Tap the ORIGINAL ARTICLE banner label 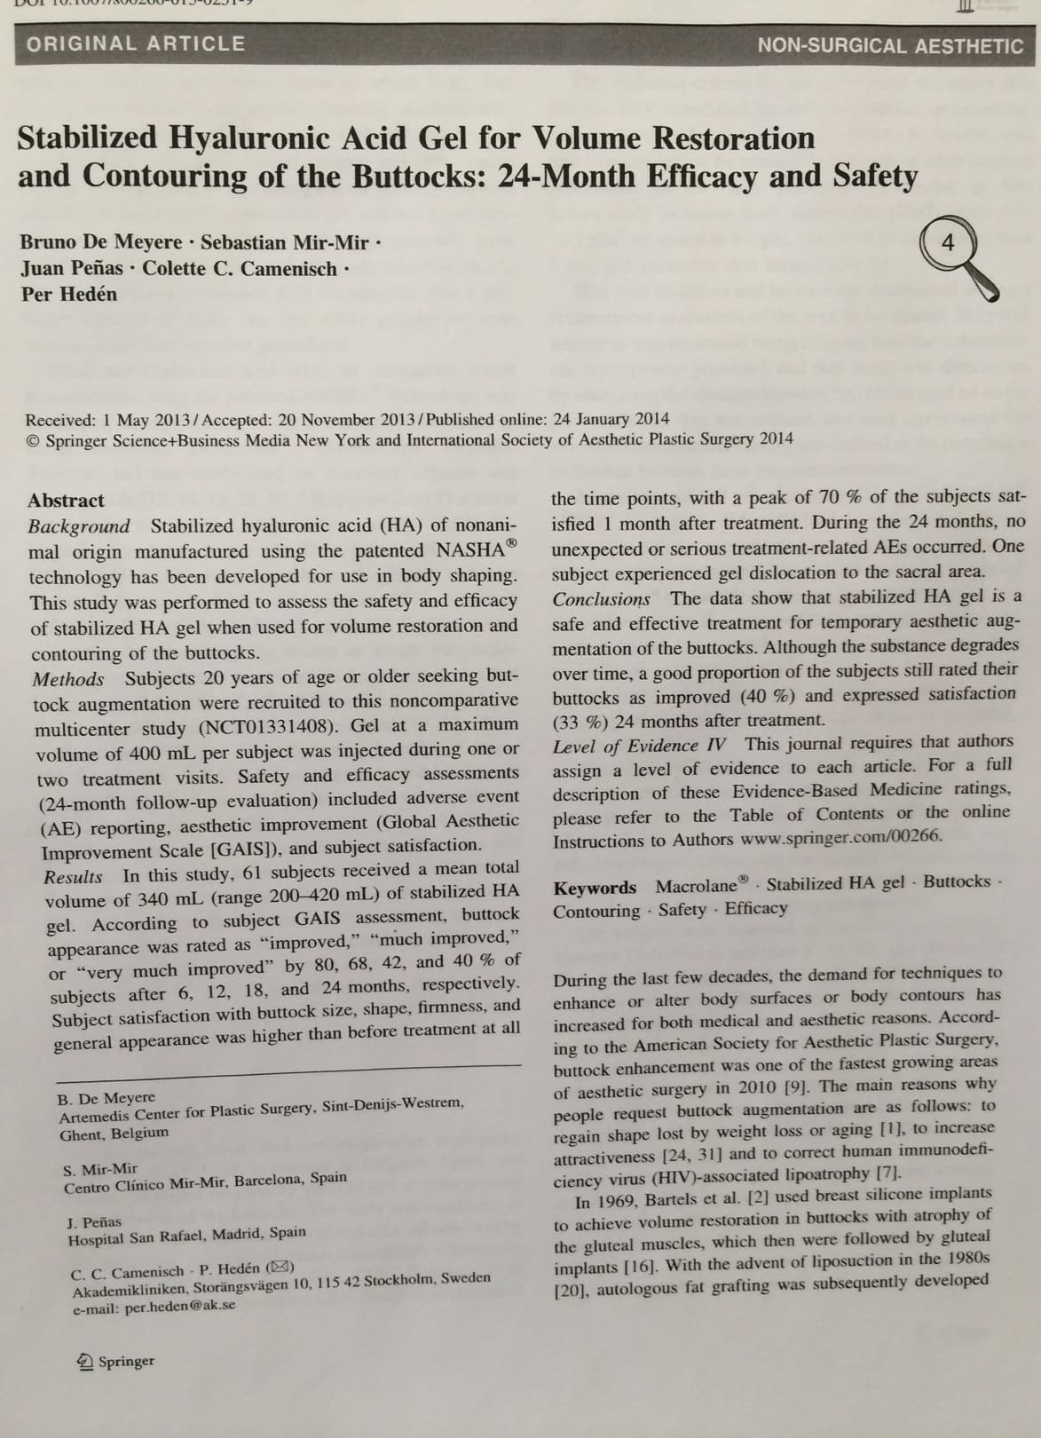pyautogui.click(x=136, y=43)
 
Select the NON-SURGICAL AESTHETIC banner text pyautogui.click(x=890, y=46)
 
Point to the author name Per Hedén pyautogui.click(x=69, y=294)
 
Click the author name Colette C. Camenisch pyautogui.click(x=240, y=268)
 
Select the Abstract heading pyautogui.click(x=66, y=500)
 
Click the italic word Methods pyautogui.click(x=68, y=680)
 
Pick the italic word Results pyautogui.click(x=73, y=877)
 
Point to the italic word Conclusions pyautogui.click(x=601, y=599)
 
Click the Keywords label pyautogui.click(x=595, y=888)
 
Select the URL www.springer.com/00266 pyautogui.click(x=841, y=836)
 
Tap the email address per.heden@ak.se pyautogui.click(x=180, y=1306)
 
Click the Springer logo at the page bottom pyautogui.click(x=116, y=1362)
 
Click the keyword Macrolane pyautogui.click(x=698, y=886)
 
